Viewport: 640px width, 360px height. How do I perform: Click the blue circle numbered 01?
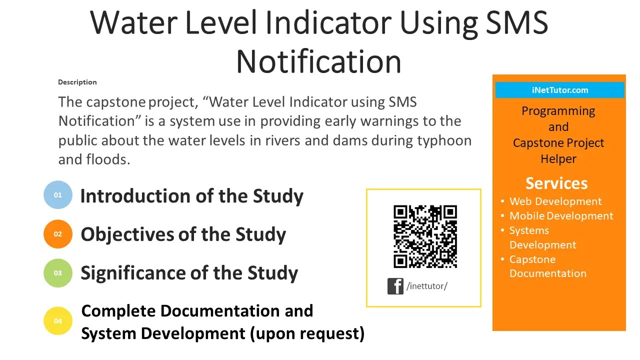point(58,195)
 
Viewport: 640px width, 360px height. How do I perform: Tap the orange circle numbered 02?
point(58,234)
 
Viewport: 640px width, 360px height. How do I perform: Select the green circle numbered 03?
point(58,273)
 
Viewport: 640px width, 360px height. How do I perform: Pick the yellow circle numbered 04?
point(58,321)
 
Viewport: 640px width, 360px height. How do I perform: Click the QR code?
point(425,236)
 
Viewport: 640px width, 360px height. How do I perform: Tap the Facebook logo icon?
point(395,286)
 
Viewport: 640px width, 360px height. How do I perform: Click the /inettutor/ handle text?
point(427,286)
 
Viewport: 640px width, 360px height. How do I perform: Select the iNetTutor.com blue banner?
point(559,90)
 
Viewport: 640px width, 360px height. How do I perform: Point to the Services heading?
point(556,183)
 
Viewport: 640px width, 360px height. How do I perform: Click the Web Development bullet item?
point(555,201)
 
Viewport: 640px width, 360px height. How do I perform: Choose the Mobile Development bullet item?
point(561,216)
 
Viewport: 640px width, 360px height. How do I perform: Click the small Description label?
point(77,82)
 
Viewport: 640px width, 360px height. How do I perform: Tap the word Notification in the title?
point(318,61)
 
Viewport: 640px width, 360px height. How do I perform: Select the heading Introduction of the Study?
point(191,196)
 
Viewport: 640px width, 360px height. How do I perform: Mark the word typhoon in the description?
point(444,140)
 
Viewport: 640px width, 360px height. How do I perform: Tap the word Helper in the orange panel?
point(558,159)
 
